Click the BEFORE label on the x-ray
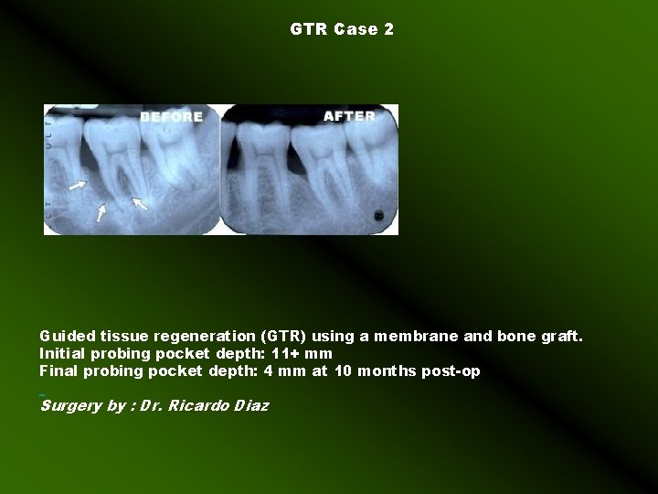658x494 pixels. pyautogui.click(x=172, y=117)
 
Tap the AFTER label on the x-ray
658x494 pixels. pyautogui.click(x=349, y=116)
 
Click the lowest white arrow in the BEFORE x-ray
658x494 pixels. pyautogui.click(x=101, y=211)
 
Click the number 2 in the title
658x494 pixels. pyautogui.click(x=389, y=29)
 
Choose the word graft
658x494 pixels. pyautogui.click(x=560, y=337)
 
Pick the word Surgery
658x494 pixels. pyautogui.click(x=70, y=405)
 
